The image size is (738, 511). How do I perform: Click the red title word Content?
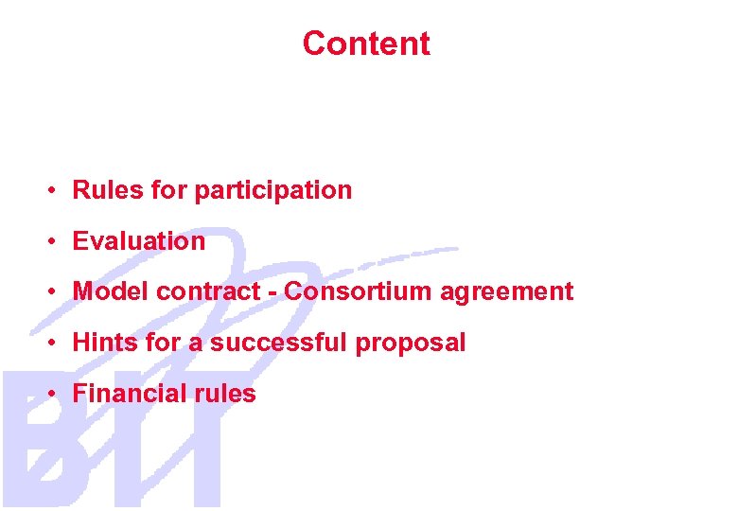[366, 44]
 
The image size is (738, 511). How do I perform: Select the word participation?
[272, 191]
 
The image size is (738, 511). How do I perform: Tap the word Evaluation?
[139, 241]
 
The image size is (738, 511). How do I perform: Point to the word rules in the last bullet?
[228, 394]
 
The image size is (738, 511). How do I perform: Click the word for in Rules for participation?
[169, 190]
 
